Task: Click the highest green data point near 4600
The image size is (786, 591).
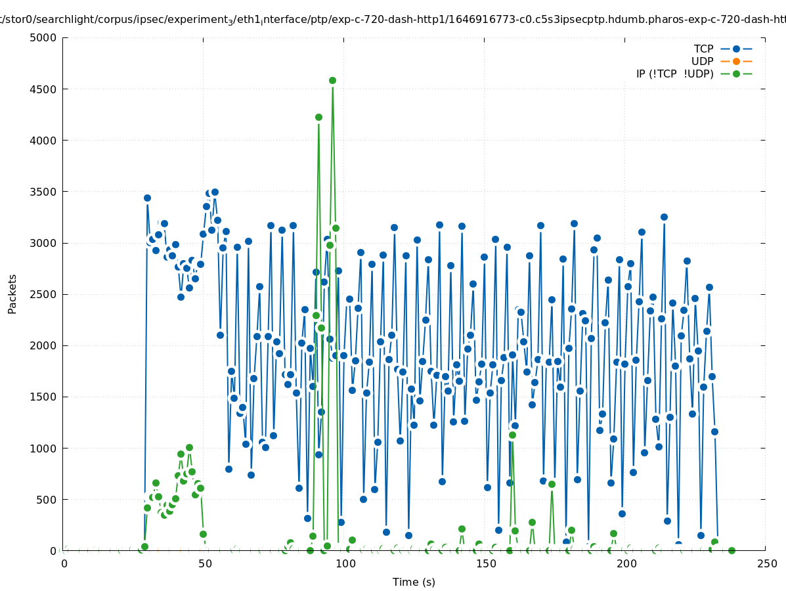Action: point(332,80)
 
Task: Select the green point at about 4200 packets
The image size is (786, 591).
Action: point(318,117)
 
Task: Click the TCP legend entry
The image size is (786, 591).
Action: point(703,49)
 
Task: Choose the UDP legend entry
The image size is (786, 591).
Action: point(702,61)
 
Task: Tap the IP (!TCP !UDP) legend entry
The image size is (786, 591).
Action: point(674,74)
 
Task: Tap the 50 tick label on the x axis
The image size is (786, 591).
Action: point(204,564)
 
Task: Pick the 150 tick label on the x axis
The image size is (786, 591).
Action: point(486,564)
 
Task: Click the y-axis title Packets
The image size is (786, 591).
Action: point(12,294)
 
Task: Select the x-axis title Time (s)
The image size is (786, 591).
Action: point(414,582)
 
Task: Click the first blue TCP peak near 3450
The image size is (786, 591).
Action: point(147,198)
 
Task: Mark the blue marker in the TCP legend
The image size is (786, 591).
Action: point(736,49)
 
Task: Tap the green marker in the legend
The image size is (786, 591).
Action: point(736,74)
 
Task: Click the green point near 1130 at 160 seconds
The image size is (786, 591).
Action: point(512,435)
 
